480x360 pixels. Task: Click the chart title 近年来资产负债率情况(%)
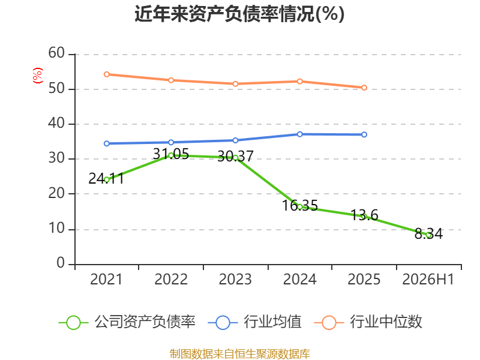pyautogui.click(x=239, y=14)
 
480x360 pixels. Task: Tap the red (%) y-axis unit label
pyautogui.click(x=38, y=76)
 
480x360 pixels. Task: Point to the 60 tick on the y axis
pyautogui.click(x=56, y=53)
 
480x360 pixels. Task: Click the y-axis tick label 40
pyautogui.click(x=56, y=124)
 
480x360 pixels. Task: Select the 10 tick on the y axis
pyautogui.click(x=56, y=229)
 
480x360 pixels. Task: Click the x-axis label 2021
pyautogui.click(x=106, y=279)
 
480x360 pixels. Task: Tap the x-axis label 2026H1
pyautogui.click(x=428, y=279)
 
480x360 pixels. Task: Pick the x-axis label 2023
pyautogui.click(x=235, y=279)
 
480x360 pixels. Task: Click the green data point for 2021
pyautogui.click(x=107, y=180)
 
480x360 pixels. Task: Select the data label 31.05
pyautogui.click(x=171, y=154)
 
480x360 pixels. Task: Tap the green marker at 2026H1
pyautogui.click(x=429, y=235)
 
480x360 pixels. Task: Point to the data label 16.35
pyautogui.click(x=299, y=205)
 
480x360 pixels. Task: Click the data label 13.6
pyautogui.click(x=364, y=215)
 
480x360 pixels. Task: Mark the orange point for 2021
pyautogui.click(x=107, y=74)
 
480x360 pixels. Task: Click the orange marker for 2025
pyautogui.click(x=364, y=88)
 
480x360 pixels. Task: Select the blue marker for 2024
pyautogui.click(x=299, y=134)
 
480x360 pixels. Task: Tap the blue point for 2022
pyautogui.click(x=171, y=142)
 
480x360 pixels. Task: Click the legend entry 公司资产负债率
pyautogui.click(x=127, y=322)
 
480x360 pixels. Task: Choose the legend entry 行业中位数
pyautogui.click(x=368, y=322)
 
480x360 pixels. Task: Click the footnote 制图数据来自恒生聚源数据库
pyautogui.click(x=239, y=353)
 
